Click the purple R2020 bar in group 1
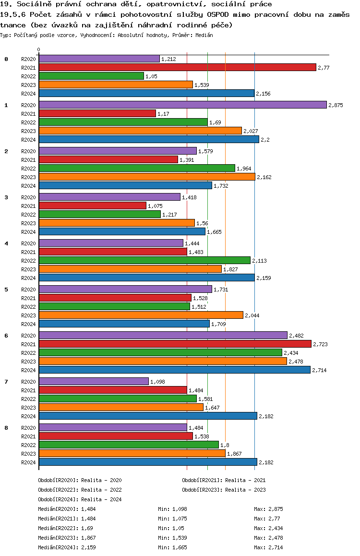182,105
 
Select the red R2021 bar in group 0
177,67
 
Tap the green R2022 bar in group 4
144,260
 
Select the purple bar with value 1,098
94,381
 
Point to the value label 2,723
320,344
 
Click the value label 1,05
151,76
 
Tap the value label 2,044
252,315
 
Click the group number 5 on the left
6,290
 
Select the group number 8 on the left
6,427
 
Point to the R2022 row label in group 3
29,215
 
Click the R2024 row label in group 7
29,416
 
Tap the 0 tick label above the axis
39,50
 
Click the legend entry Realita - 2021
224,480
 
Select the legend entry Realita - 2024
80,499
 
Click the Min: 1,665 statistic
172,547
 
